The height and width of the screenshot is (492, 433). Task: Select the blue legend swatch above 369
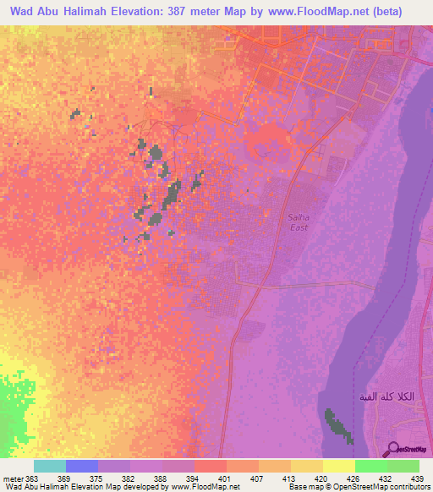[x=81, y=466]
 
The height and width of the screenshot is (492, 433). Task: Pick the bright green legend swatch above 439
[x=403, y=466]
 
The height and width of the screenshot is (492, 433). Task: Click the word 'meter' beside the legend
[x=13, y=478]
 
